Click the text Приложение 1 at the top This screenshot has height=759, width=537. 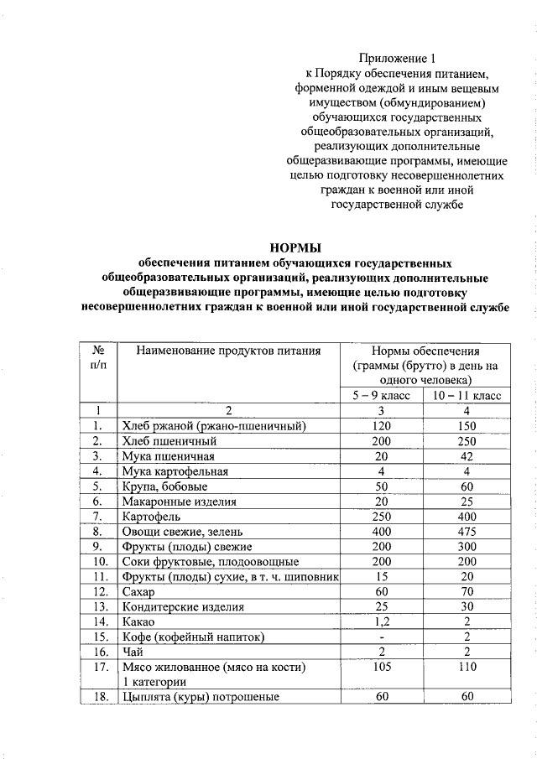point(398,59)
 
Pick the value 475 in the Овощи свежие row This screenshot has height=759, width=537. point(467,532)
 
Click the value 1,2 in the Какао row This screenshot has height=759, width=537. point(382,621)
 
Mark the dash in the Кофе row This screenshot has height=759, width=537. point(382,637)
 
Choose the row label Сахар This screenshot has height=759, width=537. point(139,591)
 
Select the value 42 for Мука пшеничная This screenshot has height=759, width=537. point(467,456)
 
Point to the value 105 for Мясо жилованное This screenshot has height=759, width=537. point(382,667)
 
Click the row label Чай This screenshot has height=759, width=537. point(133,652)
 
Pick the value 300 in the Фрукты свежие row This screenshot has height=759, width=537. point(467,547)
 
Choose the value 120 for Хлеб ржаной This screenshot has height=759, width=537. point(382,426)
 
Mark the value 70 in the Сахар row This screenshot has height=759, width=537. point(467,591)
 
